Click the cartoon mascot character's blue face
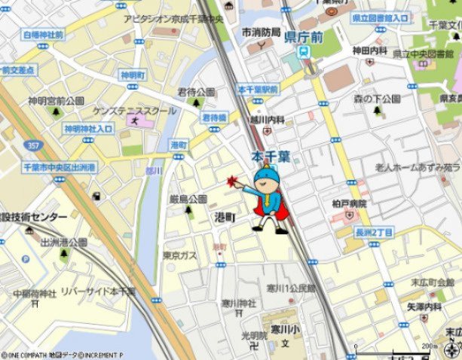click(266, 181)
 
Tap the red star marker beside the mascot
click(233, 182)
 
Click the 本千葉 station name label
click(271, 157)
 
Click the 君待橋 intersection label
click(214, 117)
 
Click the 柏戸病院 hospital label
click(349, 203)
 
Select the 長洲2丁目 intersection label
click(374, 233)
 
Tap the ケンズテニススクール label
click(134, 110)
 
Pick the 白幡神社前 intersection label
click(44, 35)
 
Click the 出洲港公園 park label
click(63, 243)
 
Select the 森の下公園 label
click(377, 99)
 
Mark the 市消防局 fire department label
click(261, 33)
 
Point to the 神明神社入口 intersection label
click(88, 128)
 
